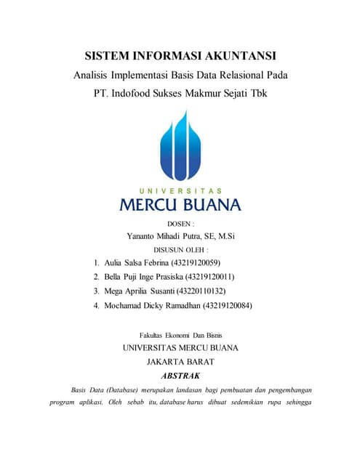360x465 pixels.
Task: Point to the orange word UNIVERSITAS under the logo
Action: pyautogui.click(x=180, y=190)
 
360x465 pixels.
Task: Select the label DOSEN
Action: pyautogui.click(x=180, y=224)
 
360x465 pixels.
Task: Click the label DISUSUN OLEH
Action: pyautogui.click(x=180, y=249)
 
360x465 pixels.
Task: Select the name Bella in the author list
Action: pyautogui.click(x=115, y=277)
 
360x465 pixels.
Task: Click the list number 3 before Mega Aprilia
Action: pyautogui.click(x=97, y=291)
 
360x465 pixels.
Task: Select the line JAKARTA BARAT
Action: pyautogui.click(x=180, y=361)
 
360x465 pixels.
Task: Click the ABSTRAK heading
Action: pyautogui.click(x=180, y=376)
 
